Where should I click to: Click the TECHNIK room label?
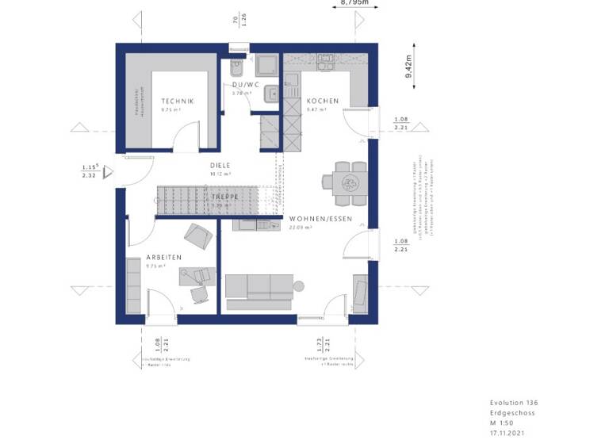coord(177,101)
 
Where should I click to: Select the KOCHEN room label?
coord(323,101)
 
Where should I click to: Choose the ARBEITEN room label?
coord(164,257)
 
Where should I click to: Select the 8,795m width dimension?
coord(354,3)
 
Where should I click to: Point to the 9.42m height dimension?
coord(408,67)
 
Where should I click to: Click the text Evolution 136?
coord(513,403)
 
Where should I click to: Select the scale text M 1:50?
coord(504,423)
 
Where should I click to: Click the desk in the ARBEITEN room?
coord(197,276)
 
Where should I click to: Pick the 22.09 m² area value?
coord(301,228)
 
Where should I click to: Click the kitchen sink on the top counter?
coord(327,59)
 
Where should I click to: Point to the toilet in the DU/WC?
coord(236,67)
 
